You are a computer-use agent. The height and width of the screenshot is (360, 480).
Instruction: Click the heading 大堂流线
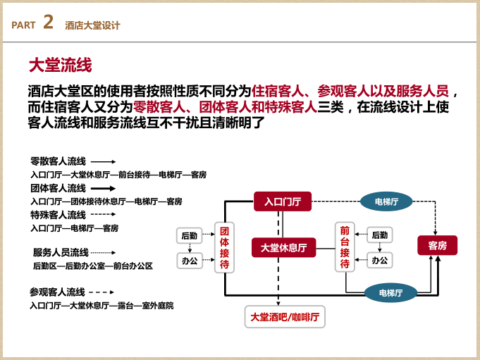tap(60, 66)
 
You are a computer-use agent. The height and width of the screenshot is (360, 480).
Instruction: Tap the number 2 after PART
tap(48, 23)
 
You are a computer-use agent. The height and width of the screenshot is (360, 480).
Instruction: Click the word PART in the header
tap(23, 25)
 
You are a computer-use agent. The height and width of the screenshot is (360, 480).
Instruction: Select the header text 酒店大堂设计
tap(92, 25)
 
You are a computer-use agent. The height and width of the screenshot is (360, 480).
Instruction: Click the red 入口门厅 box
tap(283, 202)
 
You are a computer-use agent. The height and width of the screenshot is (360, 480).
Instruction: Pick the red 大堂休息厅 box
tap(283, 247)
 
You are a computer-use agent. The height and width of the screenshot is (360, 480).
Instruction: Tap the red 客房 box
tap(437, 245)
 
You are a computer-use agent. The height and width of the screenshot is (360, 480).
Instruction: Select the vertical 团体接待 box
tap(224, 248)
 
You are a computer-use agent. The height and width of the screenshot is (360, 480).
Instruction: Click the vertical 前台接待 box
tap(345, 247)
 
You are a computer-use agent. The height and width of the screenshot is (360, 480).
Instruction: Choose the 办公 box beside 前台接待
tap(379, 260)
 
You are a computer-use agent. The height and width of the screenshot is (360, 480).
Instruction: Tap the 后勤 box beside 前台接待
tap(379, 235)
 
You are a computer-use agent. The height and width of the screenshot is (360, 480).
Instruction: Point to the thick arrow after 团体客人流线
tap(103, 188)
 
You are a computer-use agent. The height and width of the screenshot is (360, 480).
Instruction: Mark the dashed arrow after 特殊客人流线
tap(103, 214)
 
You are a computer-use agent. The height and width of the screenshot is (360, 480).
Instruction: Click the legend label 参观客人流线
tap(57, 292)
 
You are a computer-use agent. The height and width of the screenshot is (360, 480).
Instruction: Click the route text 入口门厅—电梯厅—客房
tap(74, 228)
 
